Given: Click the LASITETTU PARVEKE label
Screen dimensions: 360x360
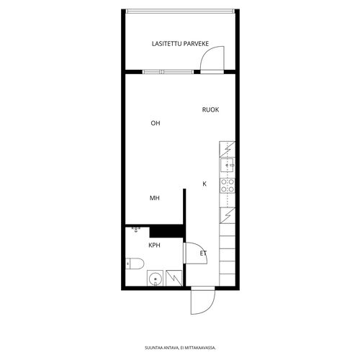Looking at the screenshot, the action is pos(180,44).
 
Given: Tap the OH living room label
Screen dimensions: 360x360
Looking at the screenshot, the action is pos(156,123).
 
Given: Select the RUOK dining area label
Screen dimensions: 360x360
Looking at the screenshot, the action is pos(210,109).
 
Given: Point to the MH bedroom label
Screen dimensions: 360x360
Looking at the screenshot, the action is pos(155,198).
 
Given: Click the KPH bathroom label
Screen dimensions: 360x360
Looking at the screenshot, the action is pos(154,246).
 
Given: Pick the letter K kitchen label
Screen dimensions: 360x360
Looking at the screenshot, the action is pos(204,184).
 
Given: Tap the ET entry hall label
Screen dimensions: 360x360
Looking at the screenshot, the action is pos(203,253).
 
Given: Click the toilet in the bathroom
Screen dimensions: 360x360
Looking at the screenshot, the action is pos(135,264).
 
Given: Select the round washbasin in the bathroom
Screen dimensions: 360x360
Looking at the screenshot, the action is pos(155,279).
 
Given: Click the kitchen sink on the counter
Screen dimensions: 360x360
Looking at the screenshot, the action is pos(227,165).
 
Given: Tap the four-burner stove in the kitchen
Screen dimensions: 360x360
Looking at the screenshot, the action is pos(228,186).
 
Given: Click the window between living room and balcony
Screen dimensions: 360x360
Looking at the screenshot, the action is pos(168,72).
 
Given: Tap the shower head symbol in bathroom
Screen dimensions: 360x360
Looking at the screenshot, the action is pos(136,230).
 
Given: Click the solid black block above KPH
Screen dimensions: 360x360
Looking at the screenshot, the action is pos(167,231).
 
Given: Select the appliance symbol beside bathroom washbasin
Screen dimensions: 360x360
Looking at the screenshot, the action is pos(174,278).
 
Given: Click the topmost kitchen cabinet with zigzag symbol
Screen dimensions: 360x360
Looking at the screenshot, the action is pos(227,149).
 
